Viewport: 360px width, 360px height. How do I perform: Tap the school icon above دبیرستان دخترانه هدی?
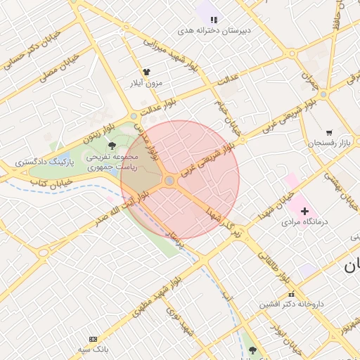pos(214,20)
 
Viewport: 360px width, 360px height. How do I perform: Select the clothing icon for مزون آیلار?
pos(146,72)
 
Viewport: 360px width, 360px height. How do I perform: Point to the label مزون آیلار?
pos(146,83)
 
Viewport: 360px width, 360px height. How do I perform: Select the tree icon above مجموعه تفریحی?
pos(112,146)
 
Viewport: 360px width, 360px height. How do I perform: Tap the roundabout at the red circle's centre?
pos(169,181)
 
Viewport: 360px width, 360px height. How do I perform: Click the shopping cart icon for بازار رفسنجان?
pos(329,132)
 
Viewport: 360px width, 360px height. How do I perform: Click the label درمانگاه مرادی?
pos(300,221)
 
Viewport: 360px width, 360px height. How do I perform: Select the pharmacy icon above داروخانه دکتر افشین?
pos(291,294)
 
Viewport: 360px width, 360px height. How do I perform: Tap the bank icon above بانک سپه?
pos(94,339)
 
